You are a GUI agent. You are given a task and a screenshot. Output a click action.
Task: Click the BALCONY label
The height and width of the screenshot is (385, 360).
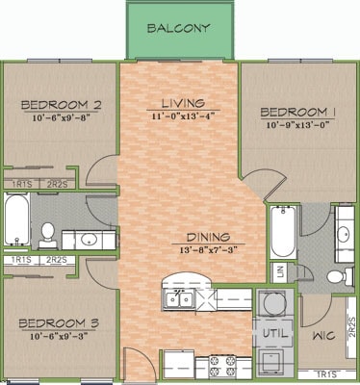pos(180,28)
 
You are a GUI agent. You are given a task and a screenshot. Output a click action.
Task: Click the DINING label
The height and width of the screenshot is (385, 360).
pos(207,236)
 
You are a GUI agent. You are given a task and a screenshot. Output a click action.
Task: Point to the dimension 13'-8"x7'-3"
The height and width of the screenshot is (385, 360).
pos(207,249)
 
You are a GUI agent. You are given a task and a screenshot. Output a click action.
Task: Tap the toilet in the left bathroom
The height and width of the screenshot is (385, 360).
pos(47,232)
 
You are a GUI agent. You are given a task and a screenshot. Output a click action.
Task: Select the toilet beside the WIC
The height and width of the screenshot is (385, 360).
pos(335,277)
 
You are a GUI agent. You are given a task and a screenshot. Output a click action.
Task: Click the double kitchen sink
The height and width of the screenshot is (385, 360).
pos(179,299)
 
